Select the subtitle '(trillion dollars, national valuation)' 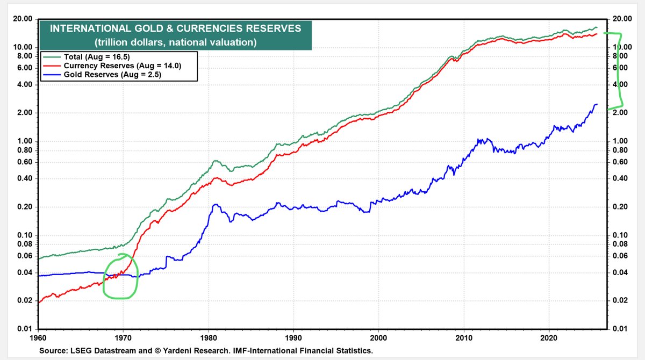175,42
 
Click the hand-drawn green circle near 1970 120,276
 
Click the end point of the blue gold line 597,104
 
